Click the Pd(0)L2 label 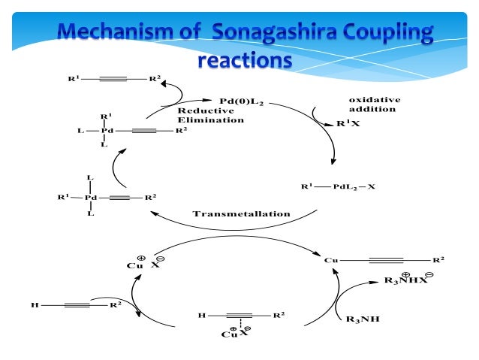(x=242, y=101)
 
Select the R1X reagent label (x=348, y=125)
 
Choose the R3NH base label (x=363, y=319)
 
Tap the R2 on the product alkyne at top (x=153, y=78)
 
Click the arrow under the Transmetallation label (x=240, y=225)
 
